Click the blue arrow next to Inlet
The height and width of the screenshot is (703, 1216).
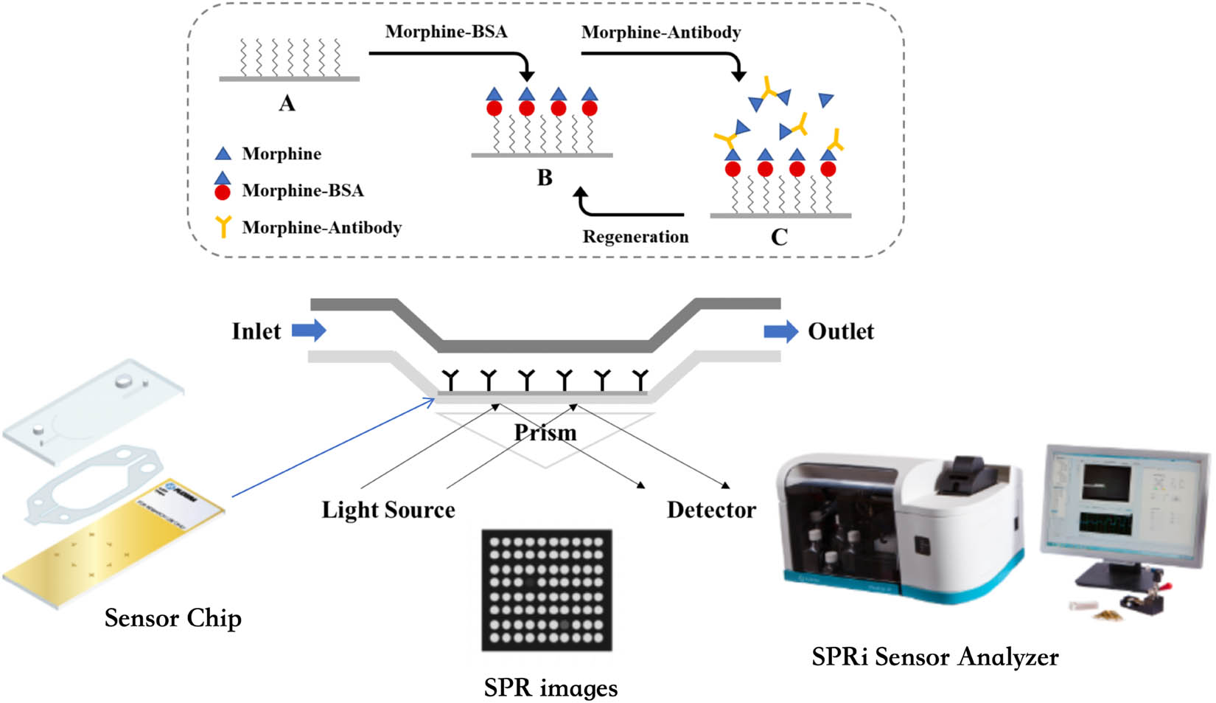(x=309, y=330)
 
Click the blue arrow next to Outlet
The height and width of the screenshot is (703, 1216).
(x=780, y=331)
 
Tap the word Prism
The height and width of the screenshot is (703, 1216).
(x=545, y=432)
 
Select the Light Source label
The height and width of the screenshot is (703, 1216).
(x=388, y=510)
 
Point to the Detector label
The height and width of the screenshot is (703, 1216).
(x=711, y=510)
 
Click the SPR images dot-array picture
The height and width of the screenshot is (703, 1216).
(x=546, y=589)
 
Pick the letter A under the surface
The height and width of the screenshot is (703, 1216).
(x=287, y=103)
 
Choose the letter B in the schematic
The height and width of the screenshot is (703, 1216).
(x=545, y=178)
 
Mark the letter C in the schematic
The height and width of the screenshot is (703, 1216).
(x=779, y=237)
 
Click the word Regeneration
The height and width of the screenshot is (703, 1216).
(x=635, y=237)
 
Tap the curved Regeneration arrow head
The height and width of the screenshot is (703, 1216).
(x=581, y=193)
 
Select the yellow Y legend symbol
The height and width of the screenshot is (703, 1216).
(x=222, y=226)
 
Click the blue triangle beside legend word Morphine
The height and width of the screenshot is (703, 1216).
(x=223, y=153)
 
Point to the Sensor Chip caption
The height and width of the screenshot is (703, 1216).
(x=172, y=618)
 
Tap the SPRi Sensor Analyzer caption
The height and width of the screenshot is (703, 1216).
(x=934, y=657)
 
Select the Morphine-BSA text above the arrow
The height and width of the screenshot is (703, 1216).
(x=446, y=32)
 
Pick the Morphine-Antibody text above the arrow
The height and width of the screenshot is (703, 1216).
(x=661, y=32)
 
